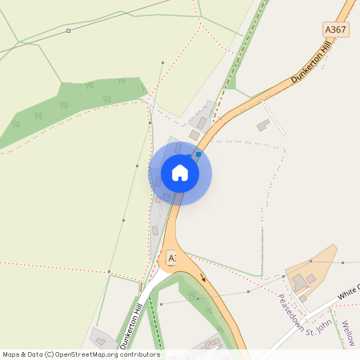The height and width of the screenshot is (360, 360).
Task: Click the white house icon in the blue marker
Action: tap(180, 173)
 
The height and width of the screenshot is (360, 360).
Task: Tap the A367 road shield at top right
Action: tap(336, 30)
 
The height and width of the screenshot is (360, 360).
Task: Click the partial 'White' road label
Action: tap(348, 292)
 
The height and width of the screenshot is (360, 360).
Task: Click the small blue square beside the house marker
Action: tap(198, 154)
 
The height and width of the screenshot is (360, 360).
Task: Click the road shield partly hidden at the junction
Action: tap(170, 258)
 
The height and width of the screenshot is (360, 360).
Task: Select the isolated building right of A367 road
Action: tap(262, 126)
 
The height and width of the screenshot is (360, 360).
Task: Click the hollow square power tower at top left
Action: tap(68, 30)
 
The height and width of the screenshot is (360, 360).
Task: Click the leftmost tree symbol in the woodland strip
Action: tap(15, 124)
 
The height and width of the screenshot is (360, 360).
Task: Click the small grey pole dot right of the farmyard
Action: tap(342, 262)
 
